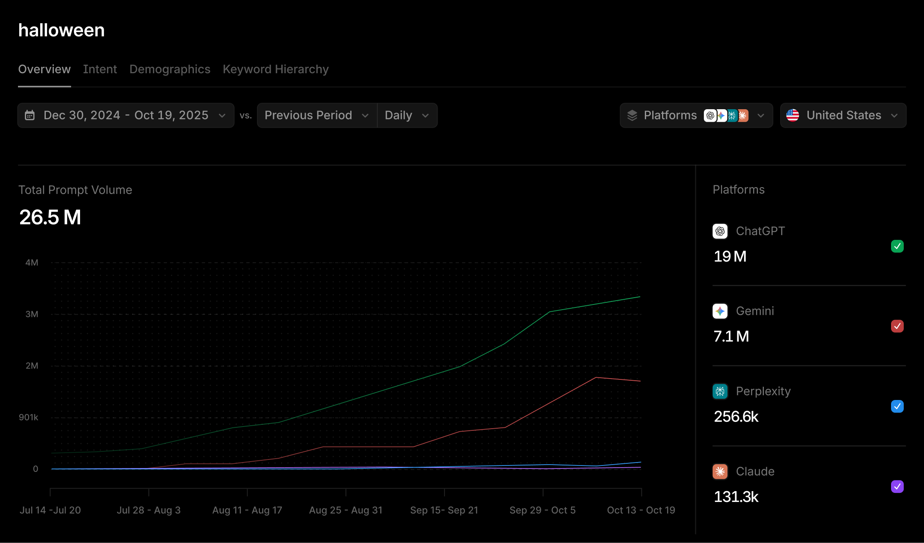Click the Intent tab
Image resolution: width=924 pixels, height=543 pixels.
click(x=100, y=69)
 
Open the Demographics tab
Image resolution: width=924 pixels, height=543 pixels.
click(x=170, y=69)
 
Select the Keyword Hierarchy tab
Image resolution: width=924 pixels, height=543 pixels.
click(x=275, y=69)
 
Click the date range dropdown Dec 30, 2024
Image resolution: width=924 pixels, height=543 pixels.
click(x=126, y=115)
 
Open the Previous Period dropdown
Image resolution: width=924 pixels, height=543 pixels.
click(x=316, y=115)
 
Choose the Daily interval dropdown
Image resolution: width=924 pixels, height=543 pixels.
click(x=407, y=115)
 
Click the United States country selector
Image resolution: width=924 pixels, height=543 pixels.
click(x=843, y=115)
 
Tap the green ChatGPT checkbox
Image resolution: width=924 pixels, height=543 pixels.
click(x=897, y=246)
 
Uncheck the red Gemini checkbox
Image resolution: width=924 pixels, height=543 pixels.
click(x=897, y=326)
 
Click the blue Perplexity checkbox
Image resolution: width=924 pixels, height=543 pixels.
click(x=897, y=406)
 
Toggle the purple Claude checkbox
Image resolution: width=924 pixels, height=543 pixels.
click(x=897, y=486)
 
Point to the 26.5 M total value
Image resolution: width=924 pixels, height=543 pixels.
click(x=50, y=217)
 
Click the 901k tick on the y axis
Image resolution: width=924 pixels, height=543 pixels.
click(x=29, y=417)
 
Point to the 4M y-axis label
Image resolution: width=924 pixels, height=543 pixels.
click(x=32, y=263)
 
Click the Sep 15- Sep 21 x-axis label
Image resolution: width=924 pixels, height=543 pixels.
click(x=444, y=510)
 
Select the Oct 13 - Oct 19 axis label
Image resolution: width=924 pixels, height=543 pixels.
click(x=641, y=510)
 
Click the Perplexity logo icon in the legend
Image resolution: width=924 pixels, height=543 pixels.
click(x=720, y=391)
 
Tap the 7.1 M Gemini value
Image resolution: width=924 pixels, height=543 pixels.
click(x=731, y=337)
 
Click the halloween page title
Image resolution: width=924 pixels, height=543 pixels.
click(x=62, y=30)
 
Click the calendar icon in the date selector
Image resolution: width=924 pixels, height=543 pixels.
click(x=30, y=115)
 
